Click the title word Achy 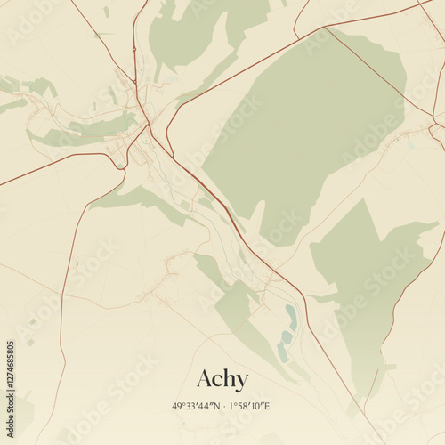[x=222, y=378]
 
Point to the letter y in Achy [x=241, y=381]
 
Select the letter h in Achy [x=229, y=377]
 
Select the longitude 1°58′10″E [x=249, y=406]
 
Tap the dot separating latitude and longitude [x=222, y=406]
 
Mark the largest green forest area [x=303, y=133]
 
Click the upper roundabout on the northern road [x=133, y=48]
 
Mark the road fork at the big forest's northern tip [x=326, y=28]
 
